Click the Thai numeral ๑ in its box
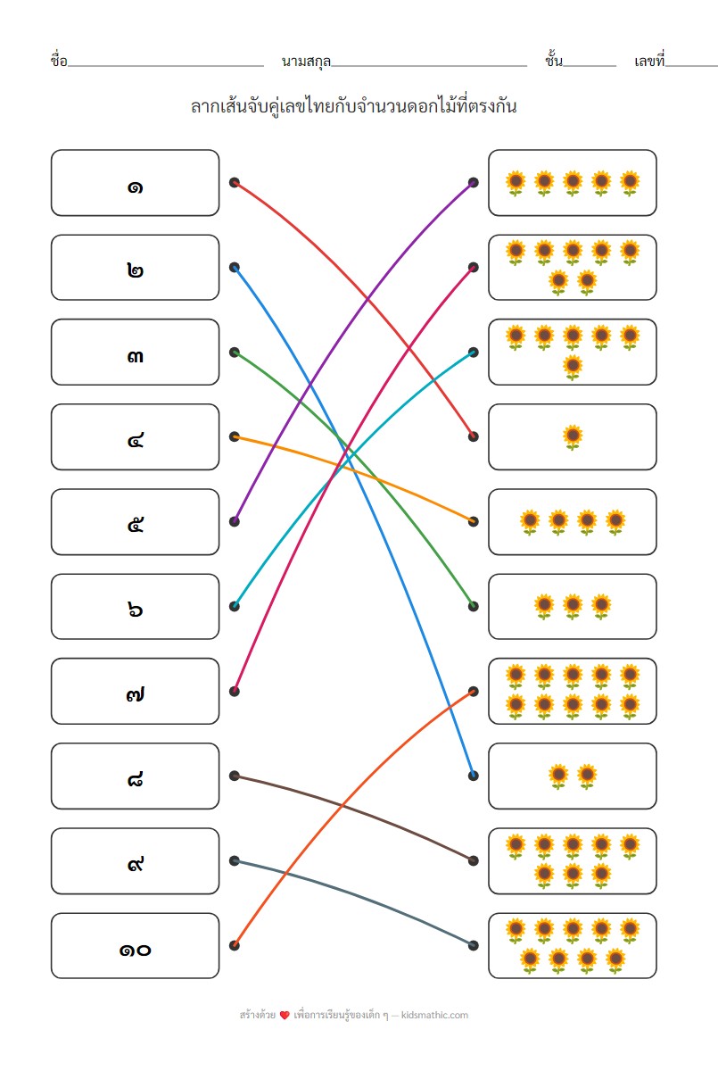[135, 186]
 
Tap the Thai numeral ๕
[135, 524]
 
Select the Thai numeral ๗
[135, 693]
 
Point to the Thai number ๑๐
[135, 949]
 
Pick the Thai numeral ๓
[135, 355]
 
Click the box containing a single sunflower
[573, 437]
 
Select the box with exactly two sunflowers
[573, 776]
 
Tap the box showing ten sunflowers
[573, 692]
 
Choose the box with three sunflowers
[573, 607]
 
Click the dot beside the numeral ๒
[235, 267]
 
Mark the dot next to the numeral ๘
[235, 776]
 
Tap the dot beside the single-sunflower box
[474, 436]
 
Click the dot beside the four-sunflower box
[474, 521]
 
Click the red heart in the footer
[285, 1016]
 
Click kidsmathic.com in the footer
[434, 1015]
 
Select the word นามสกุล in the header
[306, 62]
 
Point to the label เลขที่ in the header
[649, 62]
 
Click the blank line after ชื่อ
[165, 65]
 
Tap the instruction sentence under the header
[354, 106]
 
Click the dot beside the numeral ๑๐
[235, 945]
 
